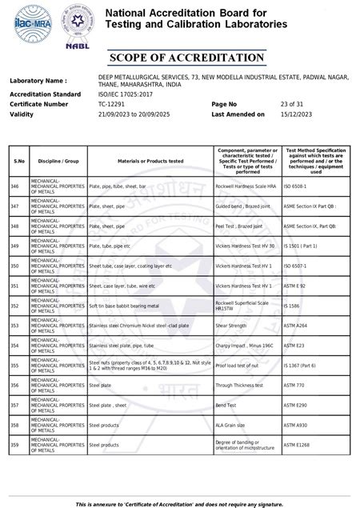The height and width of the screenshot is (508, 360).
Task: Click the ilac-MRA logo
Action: click(25, 22)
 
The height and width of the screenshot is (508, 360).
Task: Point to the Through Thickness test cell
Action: click(240, 386)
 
